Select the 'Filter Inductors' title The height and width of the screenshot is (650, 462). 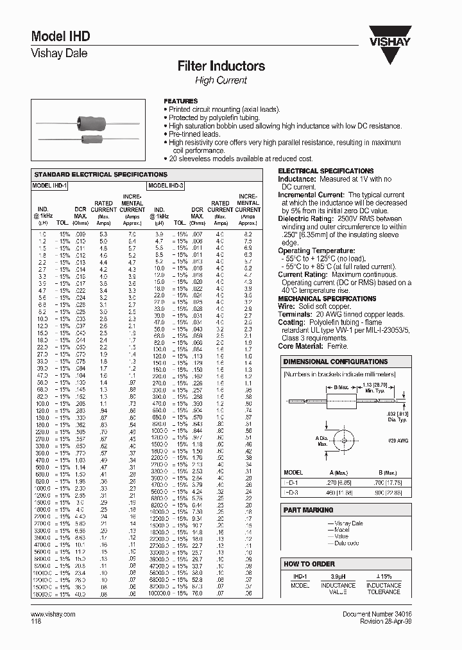pos(221,66)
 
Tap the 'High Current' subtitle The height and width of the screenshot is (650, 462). pos(221,80)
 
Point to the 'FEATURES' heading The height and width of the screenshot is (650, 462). pos(181,101)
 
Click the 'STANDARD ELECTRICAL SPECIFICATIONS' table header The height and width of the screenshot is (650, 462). pos(100,174)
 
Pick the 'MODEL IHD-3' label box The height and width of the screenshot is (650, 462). pos(166,185)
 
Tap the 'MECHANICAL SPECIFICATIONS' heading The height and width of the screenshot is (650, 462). pos(326,299)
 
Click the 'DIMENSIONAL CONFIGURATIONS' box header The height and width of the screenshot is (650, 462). pos(336,362)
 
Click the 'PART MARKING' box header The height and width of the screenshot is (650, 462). pos(309,510)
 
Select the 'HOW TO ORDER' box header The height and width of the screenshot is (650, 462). pos(309,563)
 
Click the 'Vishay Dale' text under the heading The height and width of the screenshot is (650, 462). pos(59,54)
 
